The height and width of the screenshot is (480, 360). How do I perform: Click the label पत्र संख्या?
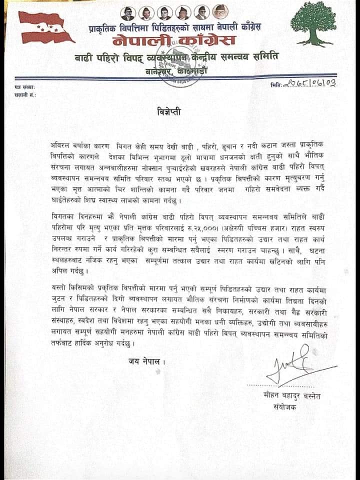click(x=24, y=87)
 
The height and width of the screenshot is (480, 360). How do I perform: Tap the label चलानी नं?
click(x=24, y=93)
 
